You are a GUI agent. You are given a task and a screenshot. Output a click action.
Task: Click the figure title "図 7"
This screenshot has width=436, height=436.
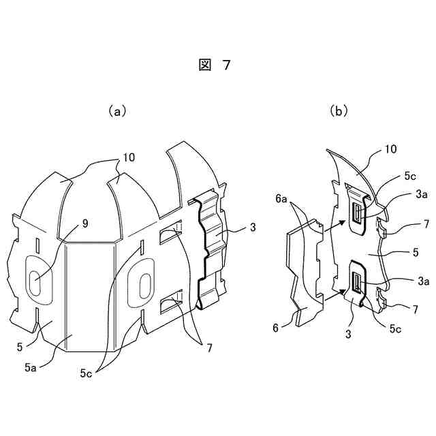(x=215, y=65)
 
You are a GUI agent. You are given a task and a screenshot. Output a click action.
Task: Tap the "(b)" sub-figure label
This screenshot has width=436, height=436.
(x=339, y=111)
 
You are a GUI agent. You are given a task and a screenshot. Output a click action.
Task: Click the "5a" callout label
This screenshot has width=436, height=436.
(x=31, y=367)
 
